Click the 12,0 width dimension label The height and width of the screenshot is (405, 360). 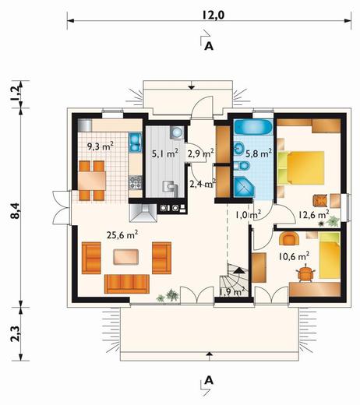(x=213, y=16)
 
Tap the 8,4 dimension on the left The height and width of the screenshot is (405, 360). (x=16, y=210)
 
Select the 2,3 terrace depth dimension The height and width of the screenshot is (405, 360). (x=16, y=333)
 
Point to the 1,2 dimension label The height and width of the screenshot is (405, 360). (x=16, y=93)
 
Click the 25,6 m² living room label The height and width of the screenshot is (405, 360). (x=122, y=235)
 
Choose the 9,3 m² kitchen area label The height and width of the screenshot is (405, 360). (x=100, y=146)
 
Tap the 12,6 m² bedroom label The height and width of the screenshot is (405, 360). (x=314, y=214)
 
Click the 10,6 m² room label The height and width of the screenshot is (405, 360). (x=294, y=256)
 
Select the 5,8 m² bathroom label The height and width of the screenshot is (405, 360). (x=259, y=153)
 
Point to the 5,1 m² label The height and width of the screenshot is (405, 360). (x=165, y=154)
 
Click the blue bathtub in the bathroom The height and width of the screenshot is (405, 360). (x=252, y=127)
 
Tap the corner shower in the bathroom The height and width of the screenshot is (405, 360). (x=245, y=187)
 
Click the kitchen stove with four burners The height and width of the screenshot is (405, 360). (x=136, y=182)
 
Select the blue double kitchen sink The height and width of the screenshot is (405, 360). (x=135, y=143)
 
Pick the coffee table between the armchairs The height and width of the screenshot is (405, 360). (x=125, y=257)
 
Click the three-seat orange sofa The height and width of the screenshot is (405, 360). (x=127, y=283)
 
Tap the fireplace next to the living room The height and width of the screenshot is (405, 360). (x=143, y=213)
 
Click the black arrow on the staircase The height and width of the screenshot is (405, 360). (x=239, y=270)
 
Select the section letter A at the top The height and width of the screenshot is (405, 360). (x=209, y=46)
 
